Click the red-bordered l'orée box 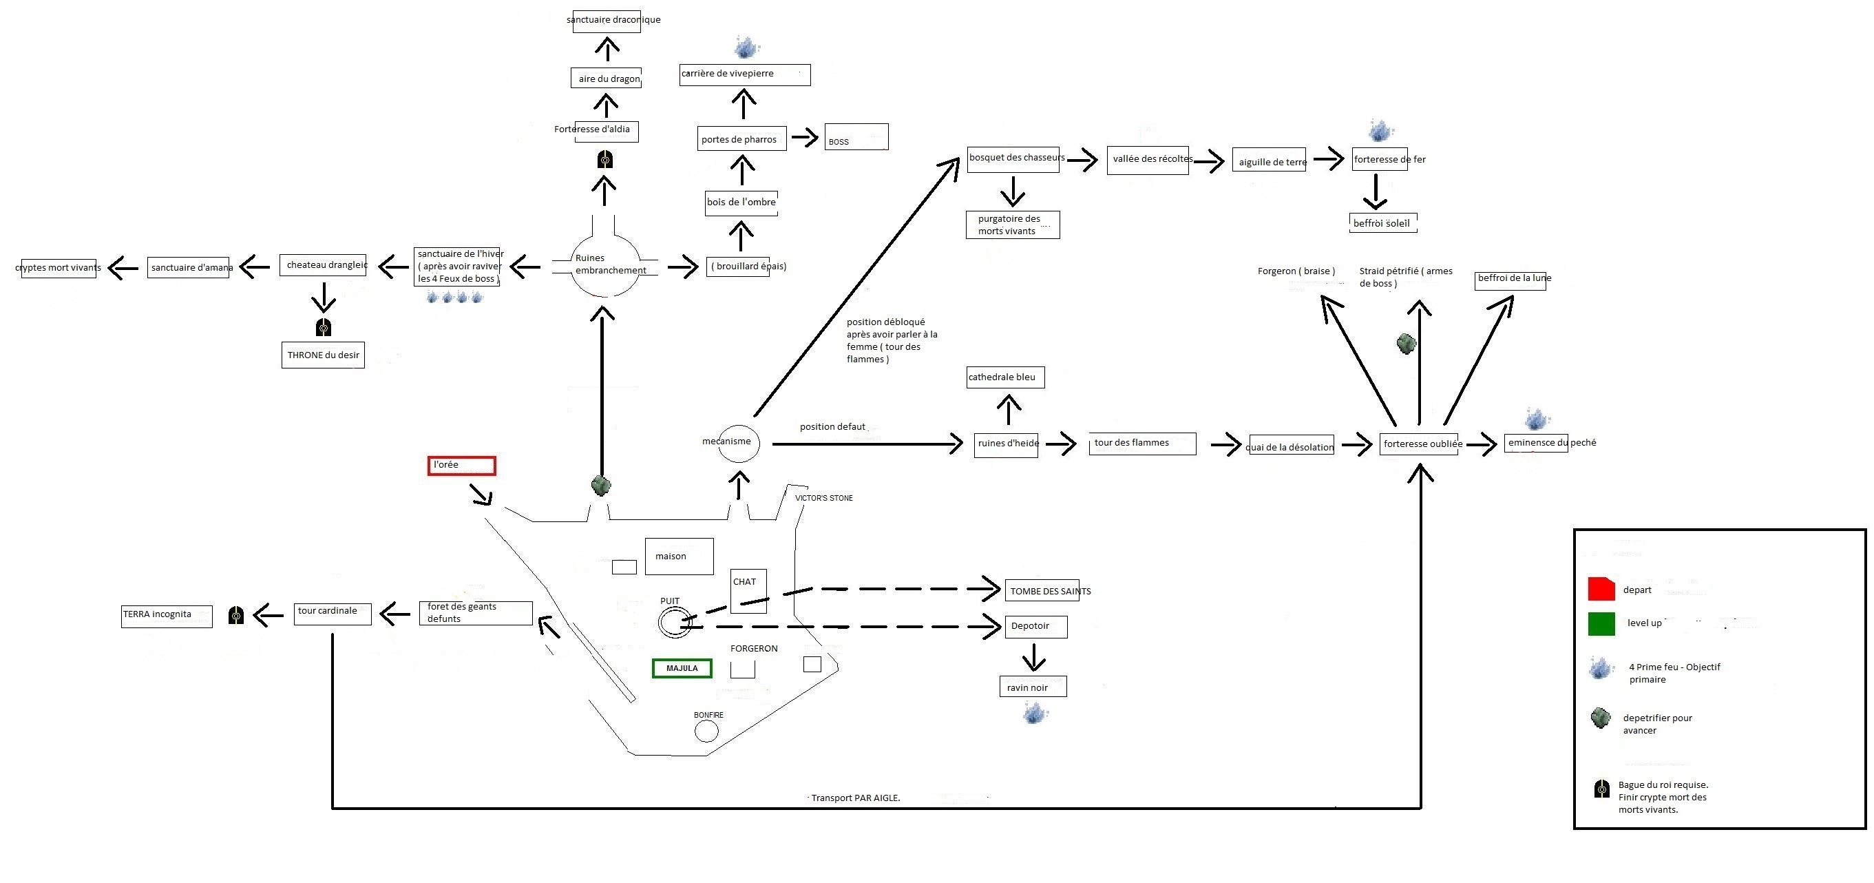click(462, 466)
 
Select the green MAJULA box click(682, 668)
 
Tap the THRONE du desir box click(323, 355)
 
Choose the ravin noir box click(1033, 687)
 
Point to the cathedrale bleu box click(1005, 377)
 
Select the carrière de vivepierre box click(745, 75)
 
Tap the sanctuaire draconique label click(613, 20)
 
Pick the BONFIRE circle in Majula click(706, 731)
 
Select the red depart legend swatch click(1601, 589)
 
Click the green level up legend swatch click(1601, 624)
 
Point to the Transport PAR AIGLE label click(856, 798)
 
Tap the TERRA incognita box click(167, 616)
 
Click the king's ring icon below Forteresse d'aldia click(604, 159)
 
